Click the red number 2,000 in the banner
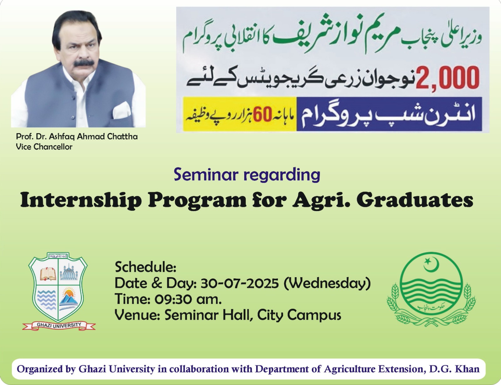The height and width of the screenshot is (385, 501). tap(447, 78)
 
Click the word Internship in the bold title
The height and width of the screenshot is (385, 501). tap(81, 201)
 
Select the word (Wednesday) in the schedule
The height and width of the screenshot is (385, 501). tap(328, 283)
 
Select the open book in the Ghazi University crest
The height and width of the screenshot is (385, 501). tap(48, 274)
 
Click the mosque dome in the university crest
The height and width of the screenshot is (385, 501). tap(69, 272)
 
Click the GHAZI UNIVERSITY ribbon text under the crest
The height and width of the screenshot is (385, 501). tap(59, 325)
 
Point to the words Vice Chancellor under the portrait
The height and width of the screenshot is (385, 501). tap(44, 147)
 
